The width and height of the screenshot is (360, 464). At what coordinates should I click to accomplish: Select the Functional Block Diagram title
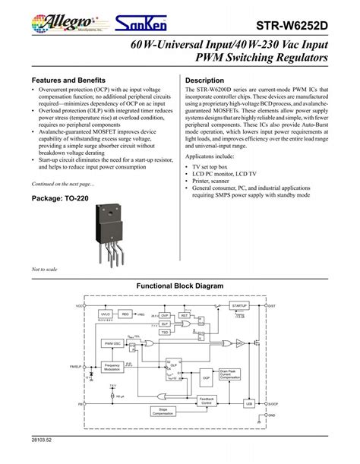coord(179,286)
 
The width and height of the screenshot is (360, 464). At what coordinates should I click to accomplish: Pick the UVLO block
coord(106,313)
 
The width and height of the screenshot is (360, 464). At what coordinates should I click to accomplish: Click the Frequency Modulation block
coord(112,368)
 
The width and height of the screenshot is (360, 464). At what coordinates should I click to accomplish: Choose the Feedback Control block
coord(206,400)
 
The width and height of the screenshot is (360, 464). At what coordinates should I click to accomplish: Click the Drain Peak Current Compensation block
coord(230,374)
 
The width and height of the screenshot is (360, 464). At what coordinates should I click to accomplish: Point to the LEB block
coord(249,405)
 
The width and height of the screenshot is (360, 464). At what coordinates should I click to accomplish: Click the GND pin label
coord(272,416)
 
